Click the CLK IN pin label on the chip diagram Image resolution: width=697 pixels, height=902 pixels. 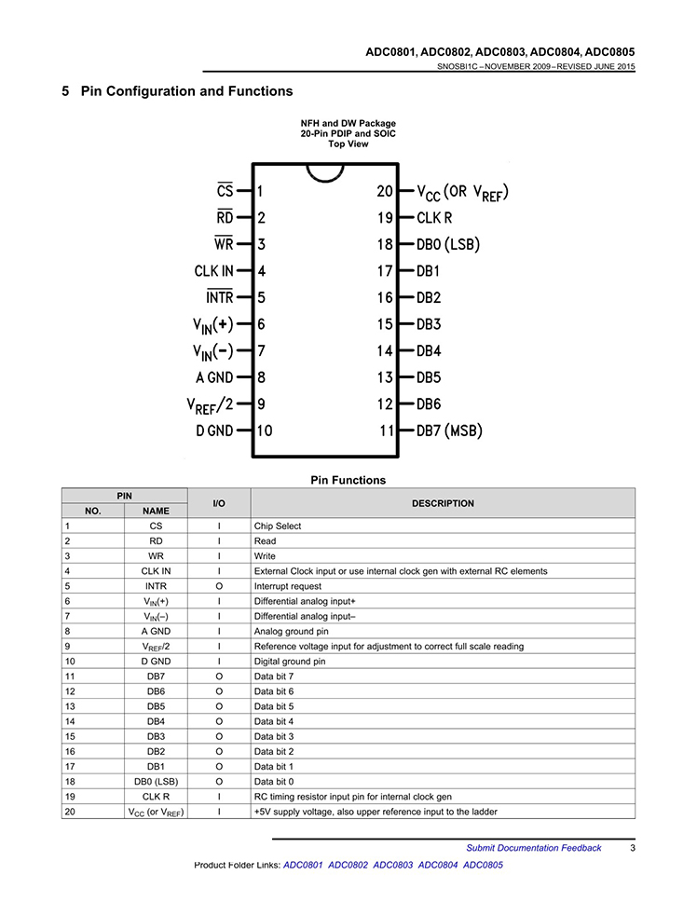point(213,271)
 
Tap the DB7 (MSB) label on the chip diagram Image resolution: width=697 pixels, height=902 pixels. point(449,431)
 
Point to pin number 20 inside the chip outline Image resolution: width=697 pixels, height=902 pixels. point(385,191)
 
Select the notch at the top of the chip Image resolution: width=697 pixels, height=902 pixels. point(325,174)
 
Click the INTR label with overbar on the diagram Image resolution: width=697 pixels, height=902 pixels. point(220,298)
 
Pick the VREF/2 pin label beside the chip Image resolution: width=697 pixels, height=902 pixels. point(210,405)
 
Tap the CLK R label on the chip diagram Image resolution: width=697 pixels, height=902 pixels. point(434,218)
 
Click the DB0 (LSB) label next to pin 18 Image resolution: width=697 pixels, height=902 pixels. point(447,245)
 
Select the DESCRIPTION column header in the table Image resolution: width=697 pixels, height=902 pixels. point(443,503)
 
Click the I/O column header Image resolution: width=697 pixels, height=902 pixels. point(219,503)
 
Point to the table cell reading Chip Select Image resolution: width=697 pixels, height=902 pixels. point(278,526)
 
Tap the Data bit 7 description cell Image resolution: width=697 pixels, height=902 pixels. point(274,675)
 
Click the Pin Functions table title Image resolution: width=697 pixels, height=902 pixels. point(348,481)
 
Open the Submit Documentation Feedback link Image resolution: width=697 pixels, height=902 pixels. point(534,847)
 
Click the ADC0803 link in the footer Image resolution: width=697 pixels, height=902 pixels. point(393,865)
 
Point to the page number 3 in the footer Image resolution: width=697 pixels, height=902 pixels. point(633,847)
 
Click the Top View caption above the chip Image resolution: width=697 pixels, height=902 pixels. point(348,144)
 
